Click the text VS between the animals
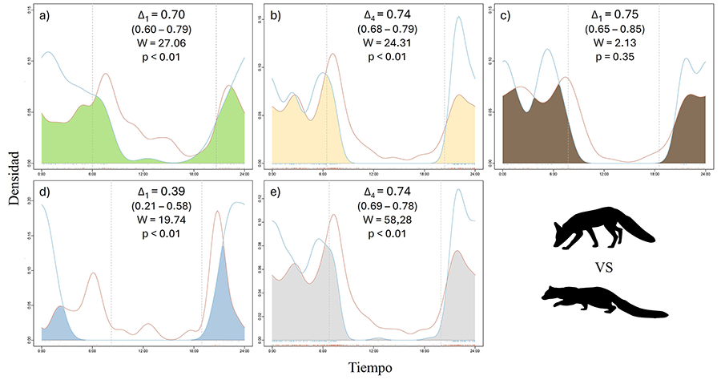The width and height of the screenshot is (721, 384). pyautogui.click(x=605, y=267)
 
